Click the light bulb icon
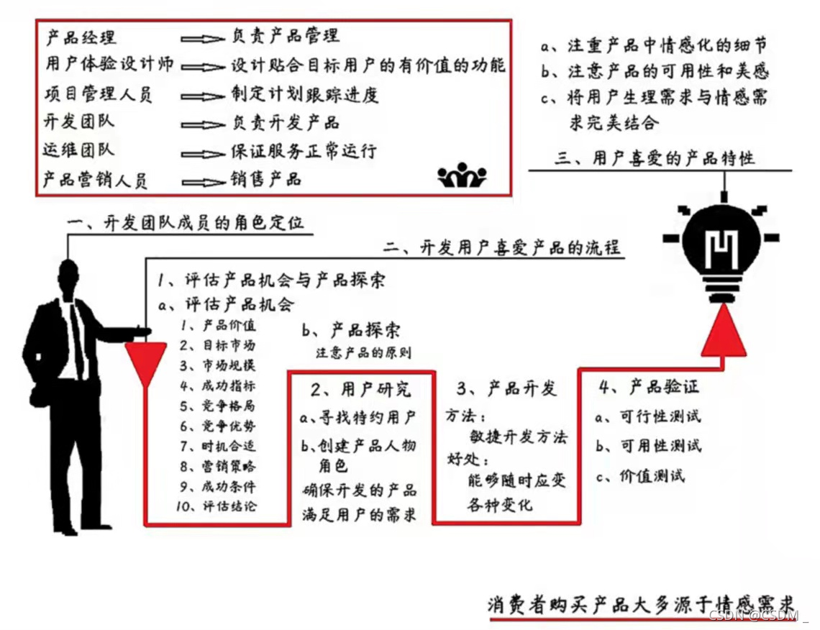[x=723, y=245]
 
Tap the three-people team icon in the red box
[x=462, y=175]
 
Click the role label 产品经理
[x=80, y=37]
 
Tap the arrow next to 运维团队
[x=203, y=154]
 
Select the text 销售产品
[x=265, y=178]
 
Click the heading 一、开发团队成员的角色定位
[x=185, y=223]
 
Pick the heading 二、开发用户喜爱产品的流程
[x=503, y=248]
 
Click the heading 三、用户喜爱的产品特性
[x=655, y=158]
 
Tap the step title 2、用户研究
[x=360, y=389]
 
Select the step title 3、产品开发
[x=506, y=389]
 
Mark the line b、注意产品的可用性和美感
[x=655, y=70]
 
